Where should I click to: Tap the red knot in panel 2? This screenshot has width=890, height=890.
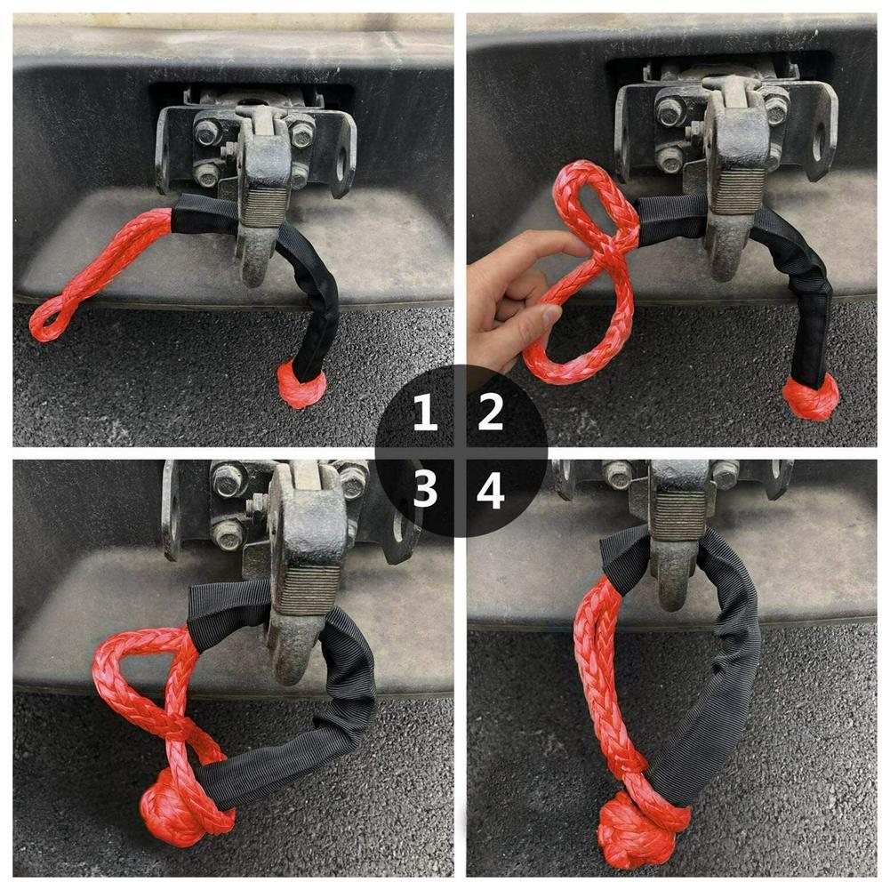tap(810, 397)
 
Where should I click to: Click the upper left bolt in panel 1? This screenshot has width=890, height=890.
tap(207, 132)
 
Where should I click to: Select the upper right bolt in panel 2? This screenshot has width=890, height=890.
tap(775, 108)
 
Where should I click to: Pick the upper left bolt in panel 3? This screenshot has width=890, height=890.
tap(228, 480)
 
